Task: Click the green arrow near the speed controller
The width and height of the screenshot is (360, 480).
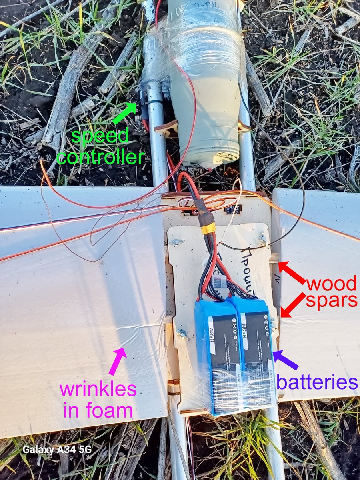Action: [x=124, y=113]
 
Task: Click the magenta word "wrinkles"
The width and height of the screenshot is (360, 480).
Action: [x=98, y=389]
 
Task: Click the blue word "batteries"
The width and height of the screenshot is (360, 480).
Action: [x=317, y=382]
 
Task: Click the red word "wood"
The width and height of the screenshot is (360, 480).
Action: [x=332, y=284]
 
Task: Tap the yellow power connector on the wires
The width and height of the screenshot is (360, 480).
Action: [x=208, y=228]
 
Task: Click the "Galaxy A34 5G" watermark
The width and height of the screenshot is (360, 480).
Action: [x=57, y=449]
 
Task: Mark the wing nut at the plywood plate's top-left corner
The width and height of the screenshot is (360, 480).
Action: [x=176, y=242]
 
